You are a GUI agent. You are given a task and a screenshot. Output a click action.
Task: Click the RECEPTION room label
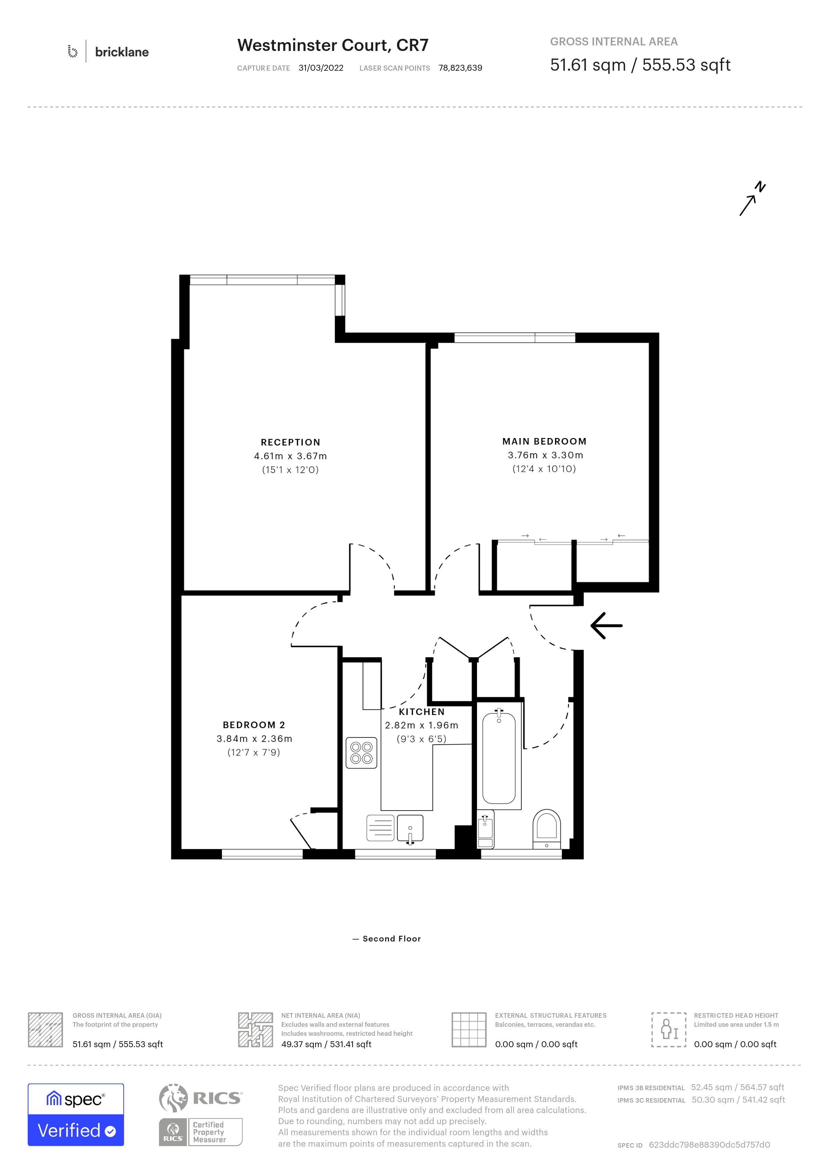(290, 442)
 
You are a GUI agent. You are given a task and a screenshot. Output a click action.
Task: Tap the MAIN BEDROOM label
(544, 441)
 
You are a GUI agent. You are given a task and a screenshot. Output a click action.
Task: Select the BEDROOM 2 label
(254, 725)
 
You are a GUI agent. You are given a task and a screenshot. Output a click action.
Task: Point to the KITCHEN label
(422, 712)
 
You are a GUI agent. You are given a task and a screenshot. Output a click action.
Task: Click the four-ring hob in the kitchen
(361, 753)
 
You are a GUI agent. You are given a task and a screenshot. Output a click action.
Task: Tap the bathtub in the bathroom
(499, 757)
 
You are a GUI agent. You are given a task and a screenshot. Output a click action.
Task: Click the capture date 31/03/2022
(321, 68)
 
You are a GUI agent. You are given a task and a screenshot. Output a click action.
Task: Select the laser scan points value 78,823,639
(460, 68)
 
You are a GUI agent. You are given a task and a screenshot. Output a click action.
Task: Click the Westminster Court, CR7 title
(333, 45)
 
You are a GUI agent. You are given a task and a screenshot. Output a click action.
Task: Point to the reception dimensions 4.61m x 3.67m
(290, 456)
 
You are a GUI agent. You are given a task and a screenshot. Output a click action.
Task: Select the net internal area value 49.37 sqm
(301, 1044)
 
